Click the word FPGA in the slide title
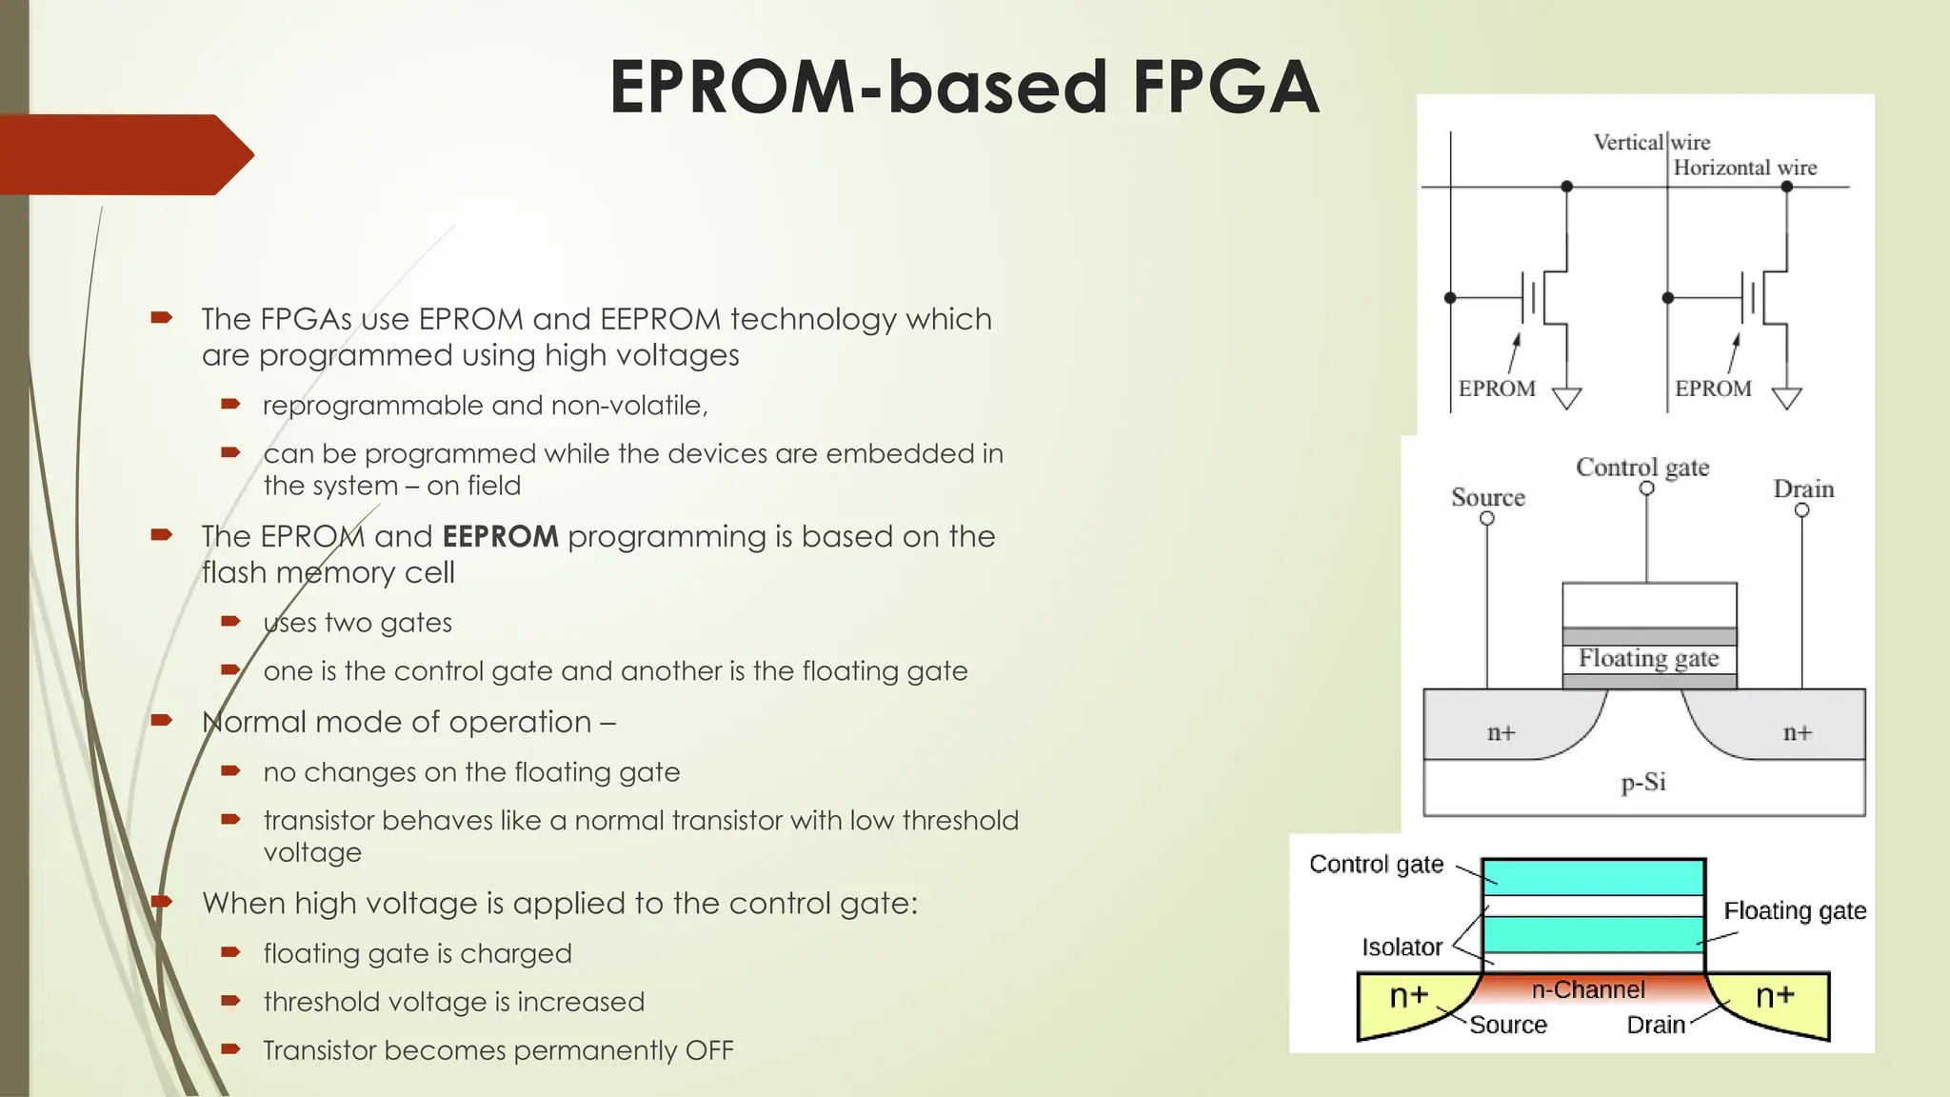point(1225,88)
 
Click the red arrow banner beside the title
point(124,154)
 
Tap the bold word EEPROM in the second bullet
point(500,536)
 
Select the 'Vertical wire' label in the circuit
point(1651,143)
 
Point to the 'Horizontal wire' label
point(1744,169)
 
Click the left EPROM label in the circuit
point(1496,389)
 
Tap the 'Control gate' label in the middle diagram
point(1642,468)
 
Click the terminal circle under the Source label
point(1486,519)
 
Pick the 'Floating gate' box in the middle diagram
point(1648,658)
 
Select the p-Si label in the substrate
point(1643,783)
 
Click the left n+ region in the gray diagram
point(1501,732)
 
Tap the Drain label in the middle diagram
point(1802,489)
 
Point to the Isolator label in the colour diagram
point(1401,947)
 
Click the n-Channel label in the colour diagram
point(1587,990)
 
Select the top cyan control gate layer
point(1592,876)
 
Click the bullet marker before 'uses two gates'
point(230,622)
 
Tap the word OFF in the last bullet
point(709,1050)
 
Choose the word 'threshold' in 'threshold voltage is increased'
point(322,1002)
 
